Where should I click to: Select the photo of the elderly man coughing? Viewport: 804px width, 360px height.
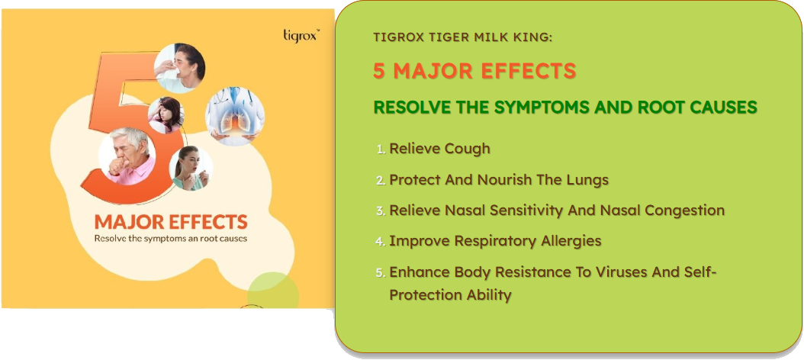point(127,156)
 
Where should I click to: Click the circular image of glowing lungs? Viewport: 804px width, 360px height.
point(235,115)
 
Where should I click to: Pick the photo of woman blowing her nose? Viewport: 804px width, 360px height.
point(179,68)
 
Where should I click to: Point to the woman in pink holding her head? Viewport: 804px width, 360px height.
point(166,115)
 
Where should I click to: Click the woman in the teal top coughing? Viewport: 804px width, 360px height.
point(191,169)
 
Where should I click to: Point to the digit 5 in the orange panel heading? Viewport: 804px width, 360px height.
point(379,72)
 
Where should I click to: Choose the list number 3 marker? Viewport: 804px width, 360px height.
point(380,211)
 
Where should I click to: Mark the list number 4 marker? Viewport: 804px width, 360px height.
point(380,242)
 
